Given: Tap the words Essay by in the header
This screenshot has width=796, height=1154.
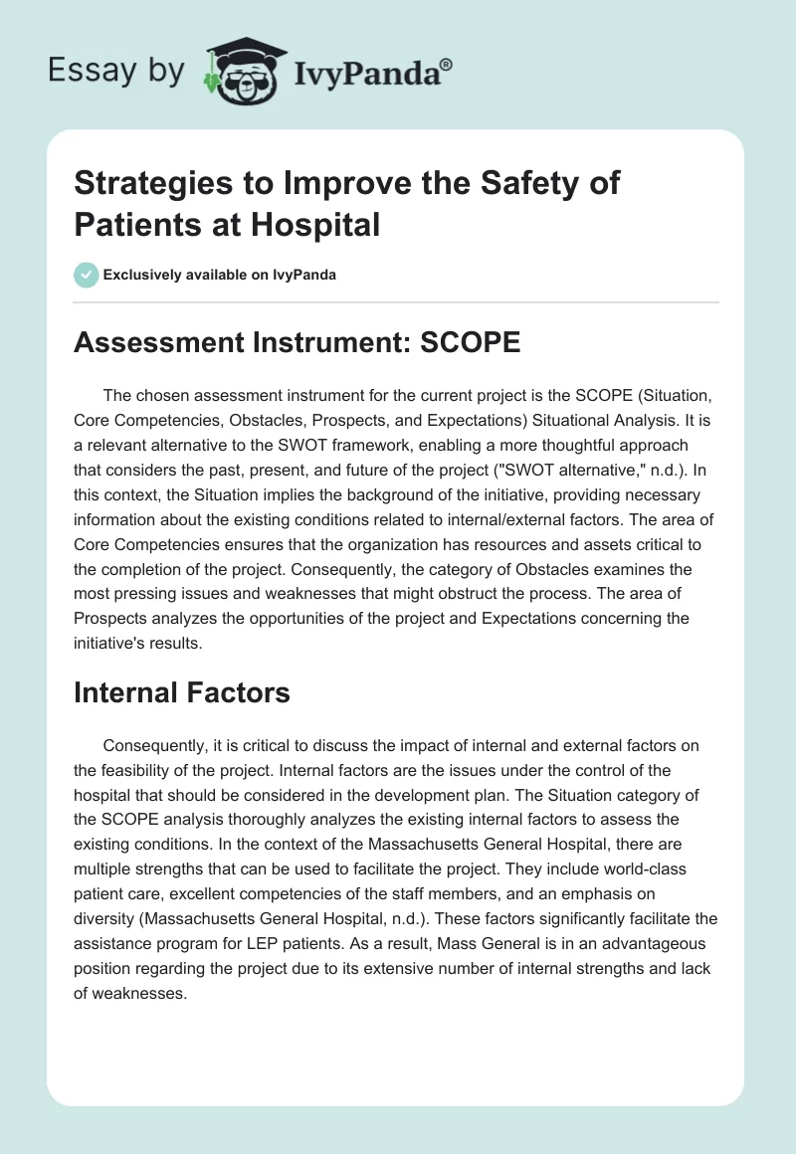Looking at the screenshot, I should tap(116, 72).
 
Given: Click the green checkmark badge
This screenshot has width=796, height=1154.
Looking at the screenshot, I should tap(87, 276).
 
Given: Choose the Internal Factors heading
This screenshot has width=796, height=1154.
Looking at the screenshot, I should tap(182, 692).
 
